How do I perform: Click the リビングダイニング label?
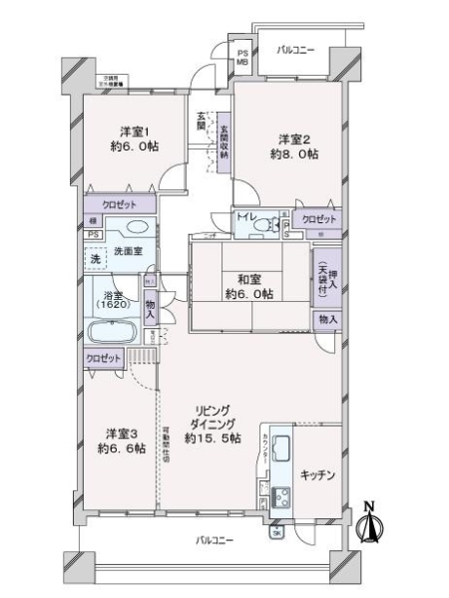[215, 424]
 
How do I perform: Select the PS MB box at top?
[242, 57]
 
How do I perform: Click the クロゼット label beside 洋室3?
[102, 358]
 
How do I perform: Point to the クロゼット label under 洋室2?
[319, 218]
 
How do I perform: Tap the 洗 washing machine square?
[95, 259]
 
